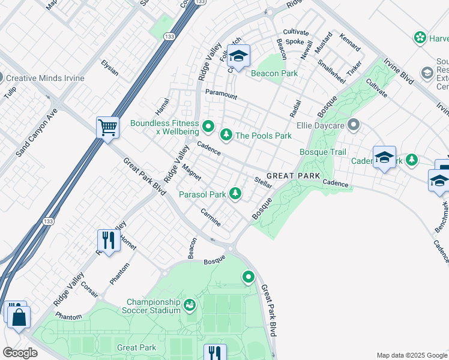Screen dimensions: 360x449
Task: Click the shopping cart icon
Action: coord(107,127)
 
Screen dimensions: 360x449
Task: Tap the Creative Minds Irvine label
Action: coord(45,79)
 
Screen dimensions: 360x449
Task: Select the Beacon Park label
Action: coord(274,74)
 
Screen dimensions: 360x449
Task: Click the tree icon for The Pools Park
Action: coord(226,135)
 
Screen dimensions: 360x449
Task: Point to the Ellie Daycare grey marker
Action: coord(354,125)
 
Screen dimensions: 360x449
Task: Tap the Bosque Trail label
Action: coord(322,152)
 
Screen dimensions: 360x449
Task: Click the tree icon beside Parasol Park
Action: coord(237,193)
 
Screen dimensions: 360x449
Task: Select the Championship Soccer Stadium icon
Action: coord(190,305)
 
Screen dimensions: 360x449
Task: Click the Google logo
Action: coord(20,352)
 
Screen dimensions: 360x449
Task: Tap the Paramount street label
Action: coord(221,95)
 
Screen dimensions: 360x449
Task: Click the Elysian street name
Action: coord(109,68)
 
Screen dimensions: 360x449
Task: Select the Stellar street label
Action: coord(264,182)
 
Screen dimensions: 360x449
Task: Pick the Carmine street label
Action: coord(211,217)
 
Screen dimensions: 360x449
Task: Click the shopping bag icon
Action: coord(19,317)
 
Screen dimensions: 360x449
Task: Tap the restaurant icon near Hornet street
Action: coord(108,241)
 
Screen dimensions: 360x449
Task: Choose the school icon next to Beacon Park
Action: coord(239,56)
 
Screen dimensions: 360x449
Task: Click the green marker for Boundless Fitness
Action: coord(208,126)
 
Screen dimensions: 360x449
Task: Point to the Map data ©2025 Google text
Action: coord(412,355)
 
